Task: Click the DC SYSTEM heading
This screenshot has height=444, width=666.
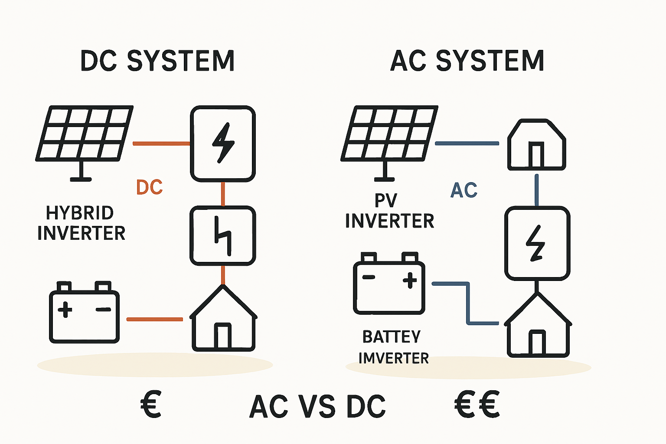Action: tap(157, 61)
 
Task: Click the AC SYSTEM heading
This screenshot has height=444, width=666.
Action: tap(467, 61)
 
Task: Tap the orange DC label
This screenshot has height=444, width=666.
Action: tap(149, 187)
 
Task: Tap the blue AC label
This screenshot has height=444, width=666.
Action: tap(464, 190)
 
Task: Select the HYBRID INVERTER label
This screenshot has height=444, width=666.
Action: tap(81, 223)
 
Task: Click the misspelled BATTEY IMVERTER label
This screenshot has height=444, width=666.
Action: tap(393, 347)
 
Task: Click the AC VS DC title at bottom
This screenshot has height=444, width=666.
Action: tap(317, 407)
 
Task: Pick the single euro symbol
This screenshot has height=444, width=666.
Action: tap(151, 404)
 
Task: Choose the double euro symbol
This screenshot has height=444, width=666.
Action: tap(477, 404)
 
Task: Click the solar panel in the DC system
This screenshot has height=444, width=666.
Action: tap(83, 134)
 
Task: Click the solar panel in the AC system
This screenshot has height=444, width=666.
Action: tap(389, 134)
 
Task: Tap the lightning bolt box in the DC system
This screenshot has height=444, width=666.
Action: tap(223, 143)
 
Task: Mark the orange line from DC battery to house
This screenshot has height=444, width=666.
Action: tap(154, 319)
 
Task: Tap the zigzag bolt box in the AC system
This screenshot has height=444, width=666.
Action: tap(537, 243)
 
